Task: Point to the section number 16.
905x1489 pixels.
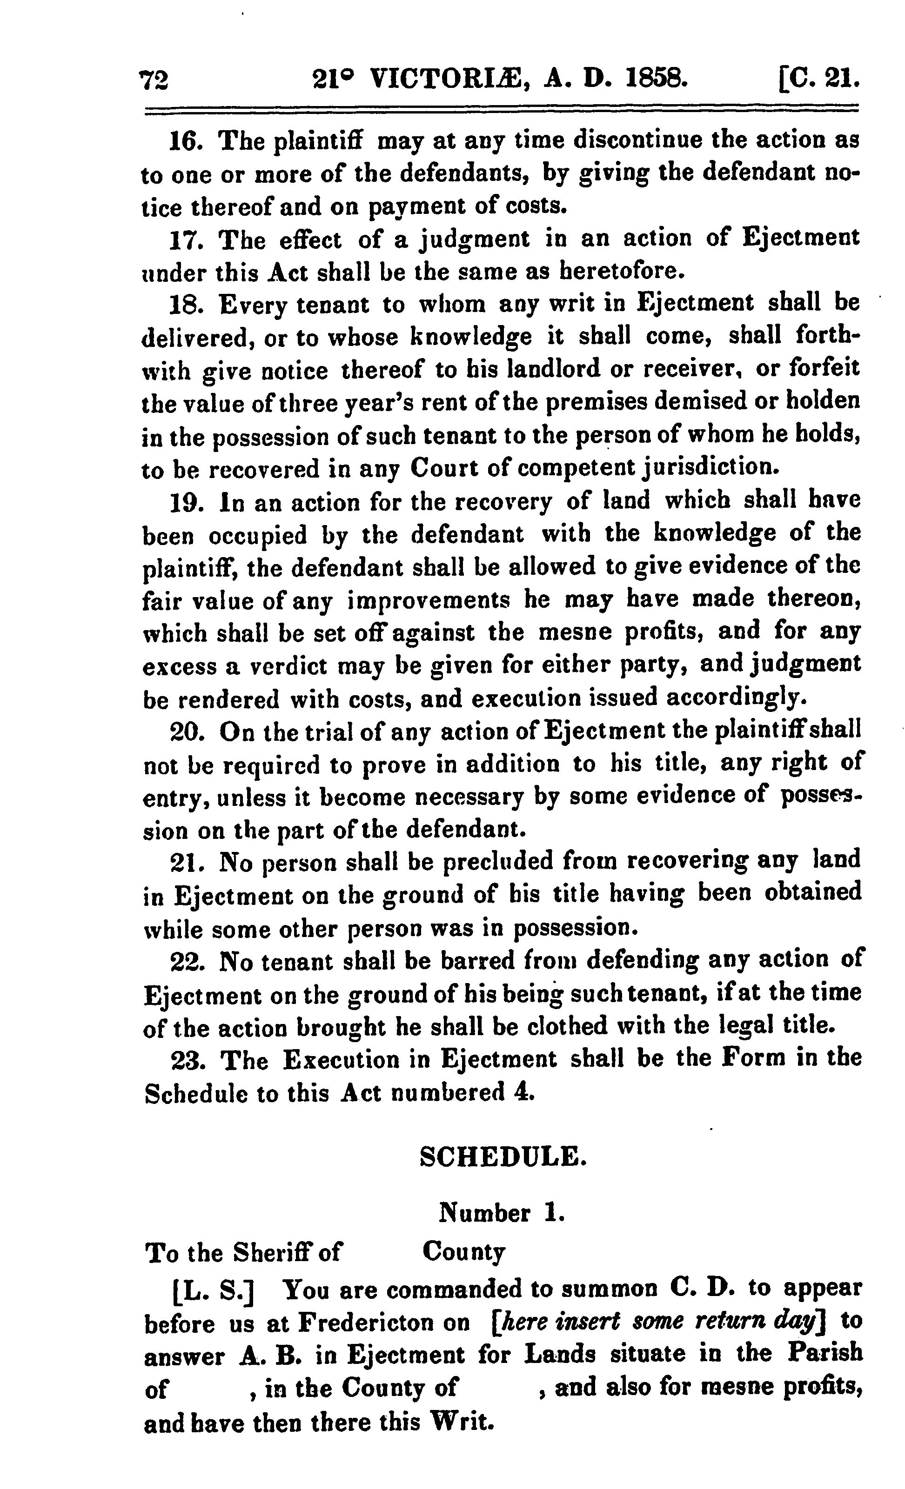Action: [x=185, y=143]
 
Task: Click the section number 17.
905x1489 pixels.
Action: [x=185, y=240]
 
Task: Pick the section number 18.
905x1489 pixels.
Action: [x=185, y=305]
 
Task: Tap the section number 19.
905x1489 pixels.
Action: [x=185, y=503]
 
